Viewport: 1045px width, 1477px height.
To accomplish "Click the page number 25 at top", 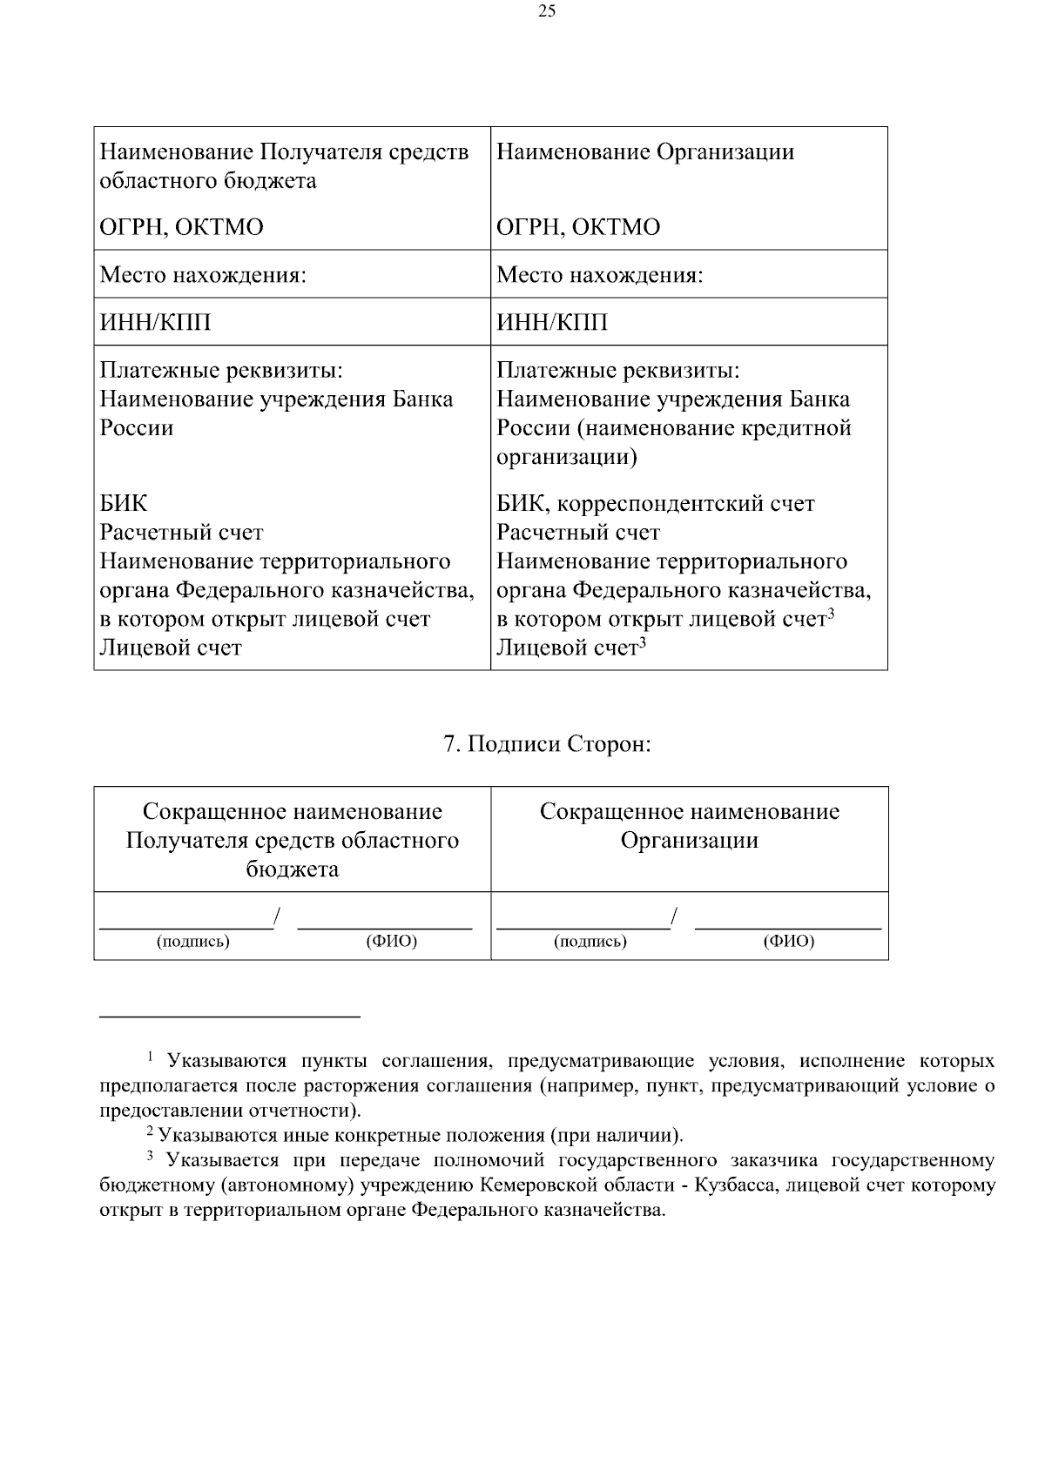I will [547, 11].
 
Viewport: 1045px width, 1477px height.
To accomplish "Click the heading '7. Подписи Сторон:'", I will [547, 745].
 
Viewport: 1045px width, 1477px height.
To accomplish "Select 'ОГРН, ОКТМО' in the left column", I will [181, 228].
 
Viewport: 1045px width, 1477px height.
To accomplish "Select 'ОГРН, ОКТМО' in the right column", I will [578, 228].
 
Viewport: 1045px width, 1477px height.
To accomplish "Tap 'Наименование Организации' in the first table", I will [645, 152].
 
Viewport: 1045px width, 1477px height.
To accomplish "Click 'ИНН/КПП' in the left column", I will [155, 323].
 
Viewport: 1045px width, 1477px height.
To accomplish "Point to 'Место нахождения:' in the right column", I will [599, 276].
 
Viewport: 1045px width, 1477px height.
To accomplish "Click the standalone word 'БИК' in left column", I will [124, 504].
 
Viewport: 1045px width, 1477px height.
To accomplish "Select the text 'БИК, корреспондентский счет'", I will [655, 504].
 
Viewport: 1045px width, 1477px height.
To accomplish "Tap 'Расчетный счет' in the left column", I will [181, 533].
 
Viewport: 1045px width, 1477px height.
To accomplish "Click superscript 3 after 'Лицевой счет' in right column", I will [643, 643].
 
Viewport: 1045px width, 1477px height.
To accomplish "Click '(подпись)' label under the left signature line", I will [192, 942].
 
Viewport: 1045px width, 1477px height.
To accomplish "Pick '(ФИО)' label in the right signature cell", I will [788, 942].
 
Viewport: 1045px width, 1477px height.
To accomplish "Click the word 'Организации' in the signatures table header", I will [689, 841].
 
